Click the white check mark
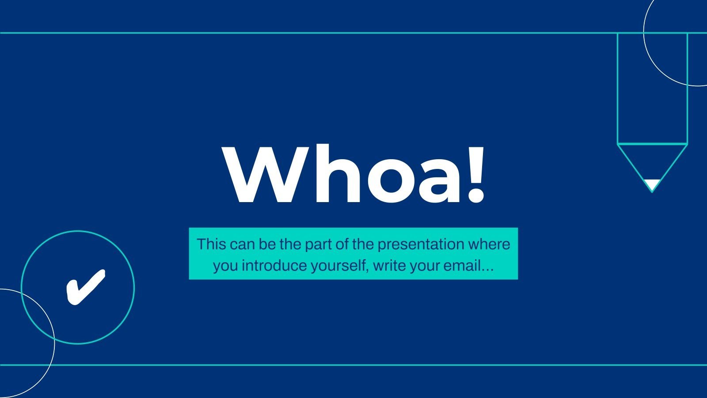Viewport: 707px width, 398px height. click(x=85, y=287)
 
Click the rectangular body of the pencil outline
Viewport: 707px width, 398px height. click(x=652, y=88)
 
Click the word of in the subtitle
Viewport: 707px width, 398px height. click(x=342, y=244)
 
